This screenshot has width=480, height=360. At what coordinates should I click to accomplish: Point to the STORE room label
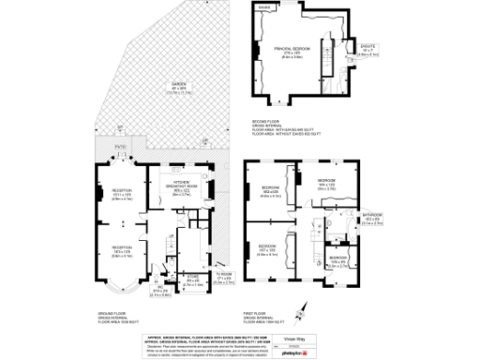(192, 278)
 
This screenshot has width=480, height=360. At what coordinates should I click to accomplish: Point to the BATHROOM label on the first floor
(372, 217)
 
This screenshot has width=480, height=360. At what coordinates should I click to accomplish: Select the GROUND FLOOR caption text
(112, 313)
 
